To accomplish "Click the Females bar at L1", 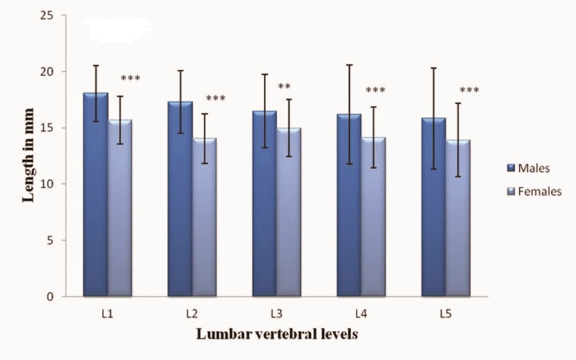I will point(120,211).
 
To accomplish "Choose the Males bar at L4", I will point(349,207).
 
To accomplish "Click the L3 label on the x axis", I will point(275,314).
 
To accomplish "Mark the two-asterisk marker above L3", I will point(284,86).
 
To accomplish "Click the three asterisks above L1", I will point(131,78).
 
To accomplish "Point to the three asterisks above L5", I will point(470,91).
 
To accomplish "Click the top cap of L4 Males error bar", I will point(349,65).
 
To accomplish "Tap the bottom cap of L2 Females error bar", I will point(204,163).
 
